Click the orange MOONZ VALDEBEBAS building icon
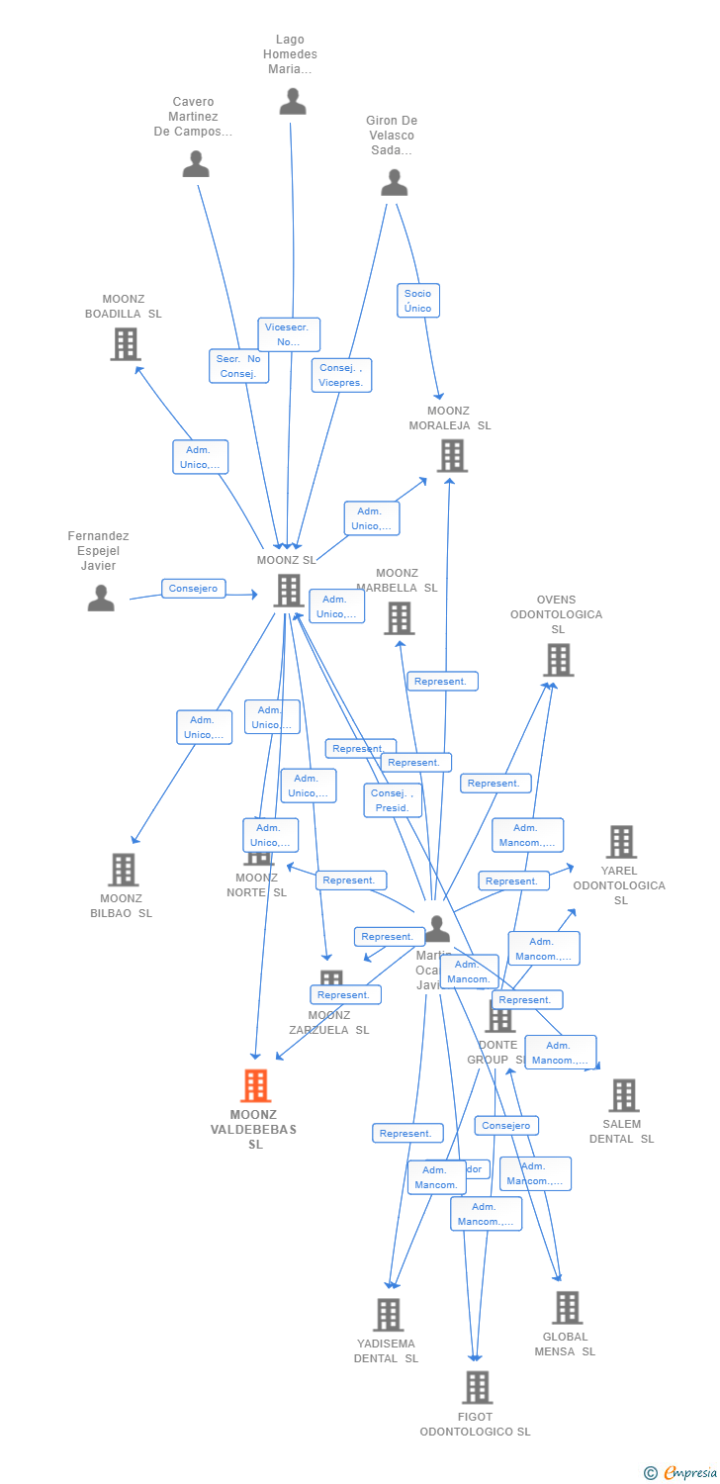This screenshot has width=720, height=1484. pos(256,1085)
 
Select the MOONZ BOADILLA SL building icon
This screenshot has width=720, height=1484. pos(125,343)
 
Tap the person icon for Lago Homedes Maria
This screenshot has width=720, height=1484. pos(292,101)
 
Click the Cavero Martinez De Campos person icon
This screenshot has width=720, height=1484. pos(196,163)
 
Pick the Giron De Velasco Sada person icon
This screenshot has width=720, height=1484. pos(395,183)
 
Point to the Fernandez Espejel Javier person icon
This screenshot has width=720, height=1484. pos(101,598)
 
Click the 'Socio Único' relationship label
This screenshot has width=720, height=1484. pos(417,301)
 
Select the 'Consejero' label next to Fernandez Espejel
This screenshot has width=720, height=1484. pos(193,589)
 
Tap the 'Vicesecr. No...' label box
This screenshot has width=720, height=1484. pos(289,334)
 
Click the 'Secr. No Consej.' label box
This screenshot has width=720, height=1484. pos(238,366)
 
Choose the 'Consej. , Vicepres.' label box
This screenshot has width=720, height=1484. pos(341,375)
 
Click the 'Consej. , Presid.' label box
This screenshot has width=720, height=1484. pos(394,800)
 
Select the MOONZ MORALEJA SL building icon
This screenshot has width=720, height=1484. pos(452,455)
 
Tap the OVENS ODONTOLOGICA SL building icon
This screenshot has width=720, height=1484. pos(558,660)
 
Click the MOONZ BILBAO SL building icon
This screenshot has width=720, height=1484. pos(123,870)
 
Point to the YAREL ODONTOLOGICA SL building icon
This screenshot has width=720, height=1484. pos(621,842)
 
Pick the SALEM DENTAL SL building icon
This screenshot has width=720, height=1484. pos(623,1095)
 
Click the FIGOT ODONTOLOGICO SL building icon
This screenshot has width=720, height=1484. pos(477,1387)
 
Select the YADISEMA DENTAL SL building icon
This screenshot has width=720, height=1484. pos(389,1315)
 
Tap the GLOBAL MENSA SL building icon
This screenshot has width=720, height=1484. pos(567,1307)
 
